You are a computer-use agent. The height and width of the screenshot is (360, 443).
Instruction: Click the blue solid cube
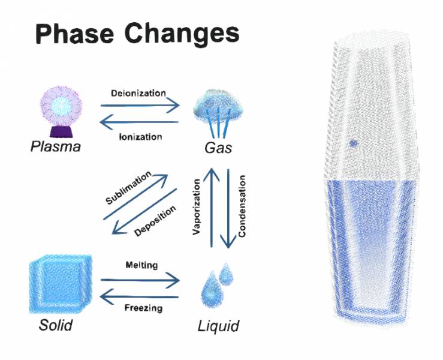point(58,285)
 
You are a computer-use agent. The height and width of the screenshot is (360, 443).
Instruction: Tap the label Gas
point(217,148)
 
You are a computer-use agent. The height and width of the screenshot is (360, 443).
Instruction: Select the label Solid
point(56,326)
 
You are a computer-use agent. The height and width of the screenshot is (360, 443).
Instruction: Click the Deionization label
point(138,94)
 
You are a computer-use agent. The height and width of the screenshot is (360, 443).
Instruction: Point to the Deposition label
point(155,220)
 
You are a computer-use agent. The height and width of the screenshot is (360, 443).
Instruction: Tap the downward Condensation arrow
point(228,208)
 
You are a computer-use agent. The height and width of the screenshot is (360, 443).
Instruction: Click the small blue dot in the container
point(354,143)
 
